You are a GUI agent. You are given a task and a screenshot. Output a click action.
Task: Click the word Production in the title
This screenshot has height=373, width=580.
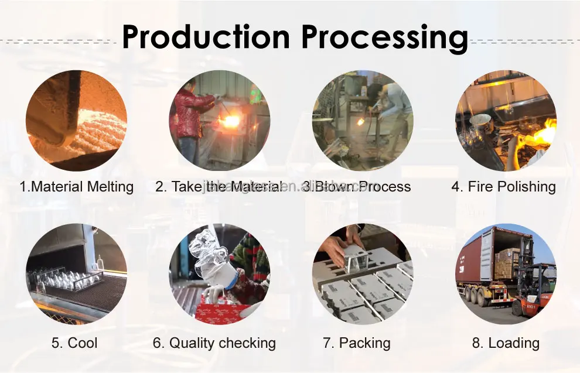pyautogui.click(x=206, y=37)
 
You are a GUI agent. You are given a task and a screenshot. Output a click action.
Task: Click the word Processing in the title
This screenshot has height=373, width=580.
pyautogui.click(x=384, y=38)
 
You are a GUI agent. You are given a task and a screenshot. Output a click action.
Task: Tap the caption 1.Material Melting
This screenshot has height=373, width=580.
pyautogui.click(x=77, y=187)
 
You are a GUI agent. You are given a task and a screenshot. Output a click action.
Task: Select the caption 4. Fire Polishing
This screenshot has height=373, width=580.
pyautogui.click(x=503, y=187)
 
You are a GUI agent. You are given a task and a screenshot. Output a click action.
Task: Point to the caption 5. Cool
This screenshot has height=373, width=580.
pyautogui.click(x=74, y=343)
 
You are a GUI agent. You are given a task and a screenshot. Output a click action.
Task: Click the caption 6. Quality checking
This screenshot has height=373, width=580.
pyautogui.click(x=214, y=343)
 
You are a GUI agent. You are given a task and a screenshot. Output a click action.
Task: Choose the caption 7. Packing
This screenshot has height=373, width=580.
pyautogui.click(x=356, y=343)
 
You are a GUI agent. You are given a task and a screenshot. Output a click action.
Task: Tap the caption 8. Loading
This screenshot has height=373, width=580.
pyautogui.click(x=506, y=343)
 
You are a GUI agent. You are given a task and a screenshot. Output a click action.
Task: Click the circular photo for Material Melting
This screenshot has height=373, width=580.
pyautogui.click(x=77, y=120)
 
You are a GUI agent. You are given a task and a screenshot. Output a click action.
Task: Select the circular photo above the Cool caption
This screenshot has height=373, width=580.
pyautogui.click(x=77, y=274)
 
